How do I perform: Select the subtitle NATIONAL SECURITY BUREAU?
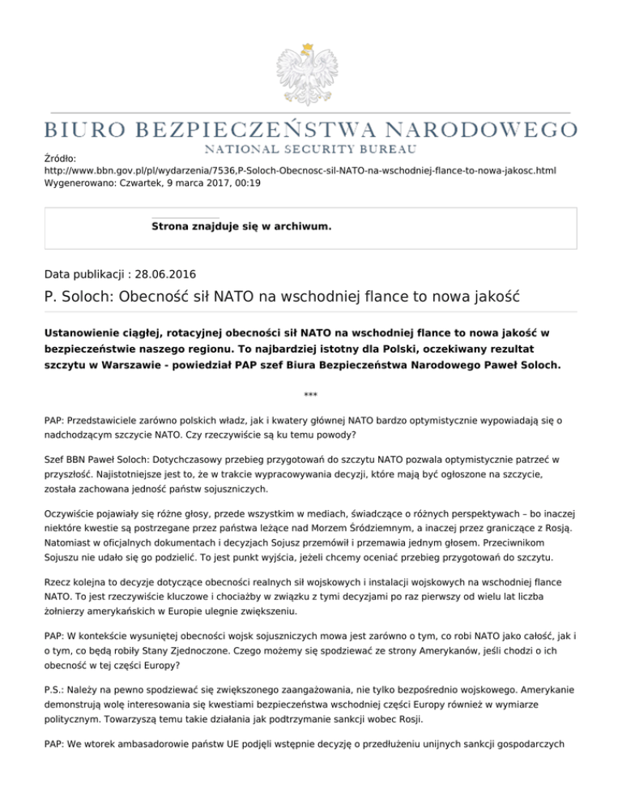311,149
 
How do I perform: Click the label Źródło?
60,161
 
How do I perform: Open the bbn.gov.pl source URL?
300,173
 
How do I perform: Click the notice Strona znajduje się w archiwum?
241,228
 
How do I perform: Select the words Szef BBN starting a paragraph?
67,459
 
